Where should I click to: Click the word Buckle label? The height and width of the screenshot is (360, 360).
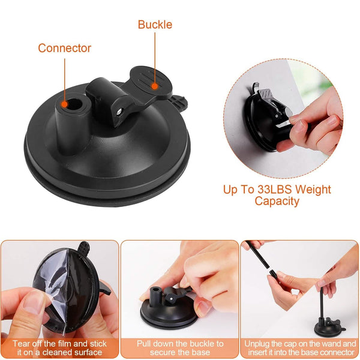point(155,25)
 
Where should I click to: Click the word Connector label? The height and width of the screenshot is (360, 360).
point(65,48)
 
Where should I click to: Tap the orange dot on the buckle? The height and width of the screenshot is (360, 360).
point(155,86)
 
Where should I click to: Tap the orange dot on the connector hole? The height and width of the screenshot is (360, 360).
point(65,104)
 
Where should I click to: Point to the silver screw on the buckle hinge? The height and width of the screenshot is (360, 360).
point(119,112)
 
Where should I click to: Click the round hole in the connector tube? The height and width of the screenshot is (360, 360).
point(75,104)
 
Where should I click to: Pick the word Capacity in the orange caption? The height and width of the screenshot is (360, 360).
point(277,201)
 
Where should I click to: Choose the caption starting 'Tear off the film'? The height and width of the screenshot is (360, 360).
point(59,348)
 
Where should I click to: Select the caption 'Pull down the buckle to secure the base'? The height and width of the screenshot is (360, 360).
point(180,348)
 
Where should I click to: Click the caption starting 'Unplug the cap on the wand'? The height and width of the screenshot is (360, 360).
point(300,348)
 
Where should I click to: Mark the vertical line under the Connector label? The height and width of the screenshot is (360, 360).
point(65,80)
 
